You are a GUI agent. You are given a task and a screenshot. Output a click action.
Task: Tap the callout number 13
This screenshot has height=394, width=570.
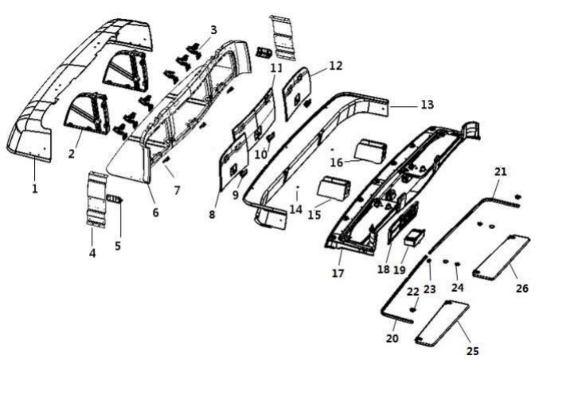[427, 105]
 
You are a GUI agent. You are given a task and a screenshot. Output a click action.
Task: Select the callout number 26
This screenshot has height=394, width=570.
[522, 288]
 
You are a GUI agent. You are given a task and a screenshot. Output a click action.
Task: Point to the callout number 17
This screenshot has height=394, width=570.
[338, 273]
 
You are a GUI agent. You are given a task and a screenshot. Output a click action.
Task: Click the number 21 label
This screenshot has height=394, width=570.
[500, 172]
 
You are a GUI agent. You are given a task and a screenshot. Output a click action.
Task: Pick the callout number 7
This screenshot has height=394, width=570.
[177, 190]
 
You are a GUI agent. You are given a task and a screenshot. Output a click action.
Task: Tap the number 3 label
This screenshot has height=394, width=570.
[213, 30]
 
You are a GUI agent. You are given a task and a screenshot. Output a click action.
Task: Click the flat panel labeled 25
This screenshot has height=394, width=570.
[442, 322]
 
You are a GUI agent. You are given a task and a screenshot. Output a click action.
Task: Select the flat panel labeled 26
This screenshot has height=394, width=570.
[501, 256]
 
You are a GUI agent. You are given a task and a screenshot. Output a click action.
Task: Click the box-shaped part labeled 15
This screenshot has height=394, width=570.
[333, 188]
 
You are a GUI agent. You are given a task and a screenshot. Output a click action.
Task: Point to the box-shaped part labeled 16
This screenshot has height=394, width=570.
[370, 151]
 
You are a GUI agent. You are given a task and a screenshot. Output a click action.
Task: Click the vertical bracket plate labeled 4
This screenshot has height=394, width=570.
[97, 200]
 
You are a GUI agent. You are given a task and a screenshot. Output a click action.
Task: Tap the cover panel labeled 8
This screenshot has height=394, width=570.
[233, 161]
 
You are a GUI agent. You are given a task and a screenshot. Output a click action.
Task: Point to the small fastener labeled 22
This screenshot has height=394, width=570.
[413, 310]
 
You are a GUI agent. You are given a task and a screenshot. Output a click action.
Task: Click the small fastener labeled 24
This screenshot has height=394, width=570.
[457, 264]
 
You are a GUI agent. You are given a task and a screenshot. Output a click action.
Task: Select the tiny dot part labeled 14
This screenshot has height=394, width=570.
[297, 187]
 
